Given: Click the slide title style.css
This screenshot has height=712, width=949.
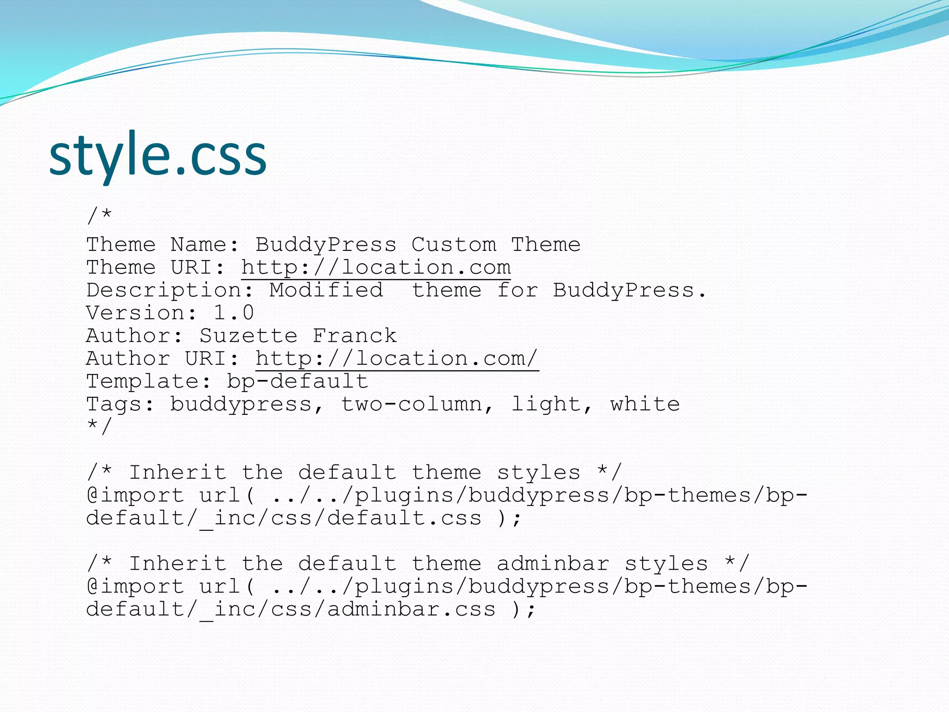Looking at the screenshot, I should pos(158,155).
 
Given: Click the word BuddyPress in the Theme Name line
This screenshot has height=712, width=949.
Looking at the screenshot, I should pos(326,245).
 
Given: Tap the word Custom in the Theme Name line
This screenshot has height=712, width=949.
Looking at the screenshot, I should pos(454,245).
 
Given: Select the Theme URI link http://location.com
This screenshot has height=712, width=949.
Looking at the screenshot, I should pos(376,267).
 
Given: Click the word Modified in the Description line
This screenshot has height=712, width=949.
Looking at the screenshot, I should pos(326,290).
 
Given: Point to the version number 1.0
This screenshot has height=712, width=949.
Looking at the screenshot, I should pos(234,313).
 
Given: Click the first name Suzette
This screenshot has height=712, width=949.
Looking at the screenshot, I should pos(248,336).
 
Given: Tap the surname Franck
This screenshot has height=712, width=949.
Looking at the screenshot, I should pos(354,336).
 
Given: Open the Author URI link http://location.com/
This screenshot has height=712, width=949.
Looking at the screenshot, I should pos(397,358).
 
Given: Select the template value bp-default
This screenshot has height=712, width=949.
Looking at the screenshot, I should pos(297,381).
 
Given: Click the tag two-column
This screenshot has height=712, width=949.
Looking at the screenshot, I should pos(411,404).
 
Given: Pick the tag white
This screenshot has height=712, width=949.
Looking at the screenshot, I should pos(645,404).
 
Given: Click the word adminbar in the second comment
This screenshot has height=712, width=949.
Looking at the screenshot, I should pos(553,564).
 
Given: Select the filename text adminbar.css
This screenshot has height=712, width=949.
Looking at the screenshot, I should pos(411,609).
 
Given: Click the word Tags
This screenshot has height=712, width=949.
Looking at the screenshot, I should pos(114,404).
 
